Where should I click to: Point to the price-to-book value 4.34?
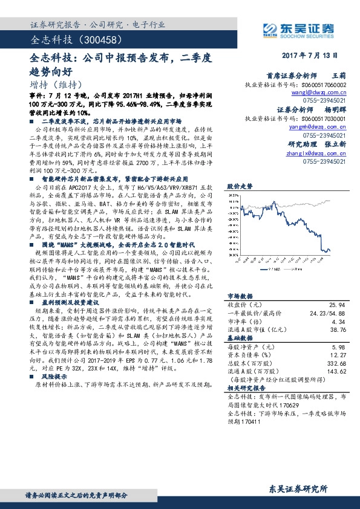[x=339, y=322]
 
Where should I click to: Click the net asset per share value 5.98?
[x=339, y=347]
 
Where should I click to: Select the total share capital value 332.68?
[x=335, y=363]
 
